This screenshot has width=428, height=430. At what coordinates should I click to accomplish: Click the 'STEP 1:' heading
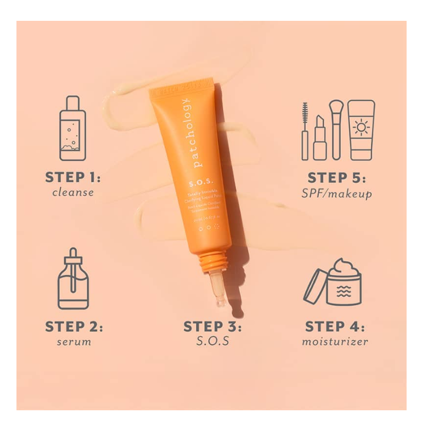73,177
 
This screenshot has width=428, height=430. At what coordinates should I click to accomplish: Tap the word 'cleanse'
73,192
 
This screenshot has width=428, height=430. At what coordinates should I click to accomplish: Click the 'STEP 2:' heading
74,327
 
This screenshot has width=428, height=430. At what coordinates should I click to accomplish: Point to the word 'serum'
74,342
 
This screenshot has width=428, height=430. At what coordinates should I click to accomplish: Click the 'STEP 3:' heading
212,327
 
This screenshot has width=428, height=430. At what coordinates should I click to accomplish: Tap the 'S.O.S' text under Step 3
212,342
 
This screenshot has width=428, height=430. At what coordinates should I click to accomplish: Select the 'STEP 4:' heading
335,327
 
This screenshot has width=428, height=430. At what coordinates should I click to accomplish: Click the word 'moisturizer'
335,342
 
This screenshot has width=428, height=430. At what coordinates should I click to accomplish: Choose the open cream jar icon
334,282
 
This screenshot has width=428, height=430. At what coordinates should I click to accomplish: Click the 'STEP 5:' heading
337,177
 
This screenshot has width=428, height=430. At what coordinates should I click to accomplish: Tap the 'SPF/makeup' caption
337,193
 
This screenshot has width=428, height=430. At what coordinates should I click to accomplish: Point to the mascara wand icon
305,131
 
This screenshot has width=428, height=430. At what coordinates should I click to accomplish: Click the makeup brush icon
335,129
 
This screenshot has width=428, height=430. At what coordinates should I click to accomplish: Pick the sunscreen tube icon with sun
361,130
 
